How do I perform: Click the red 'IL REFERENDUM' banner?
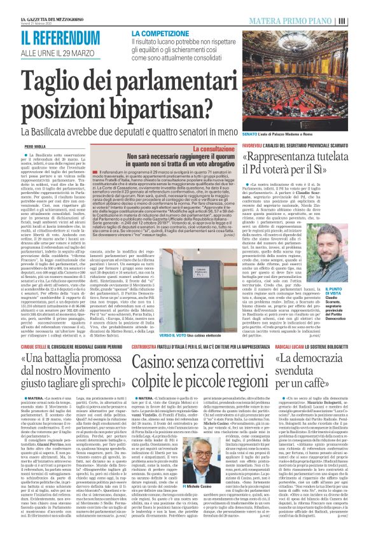(60, 36)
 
